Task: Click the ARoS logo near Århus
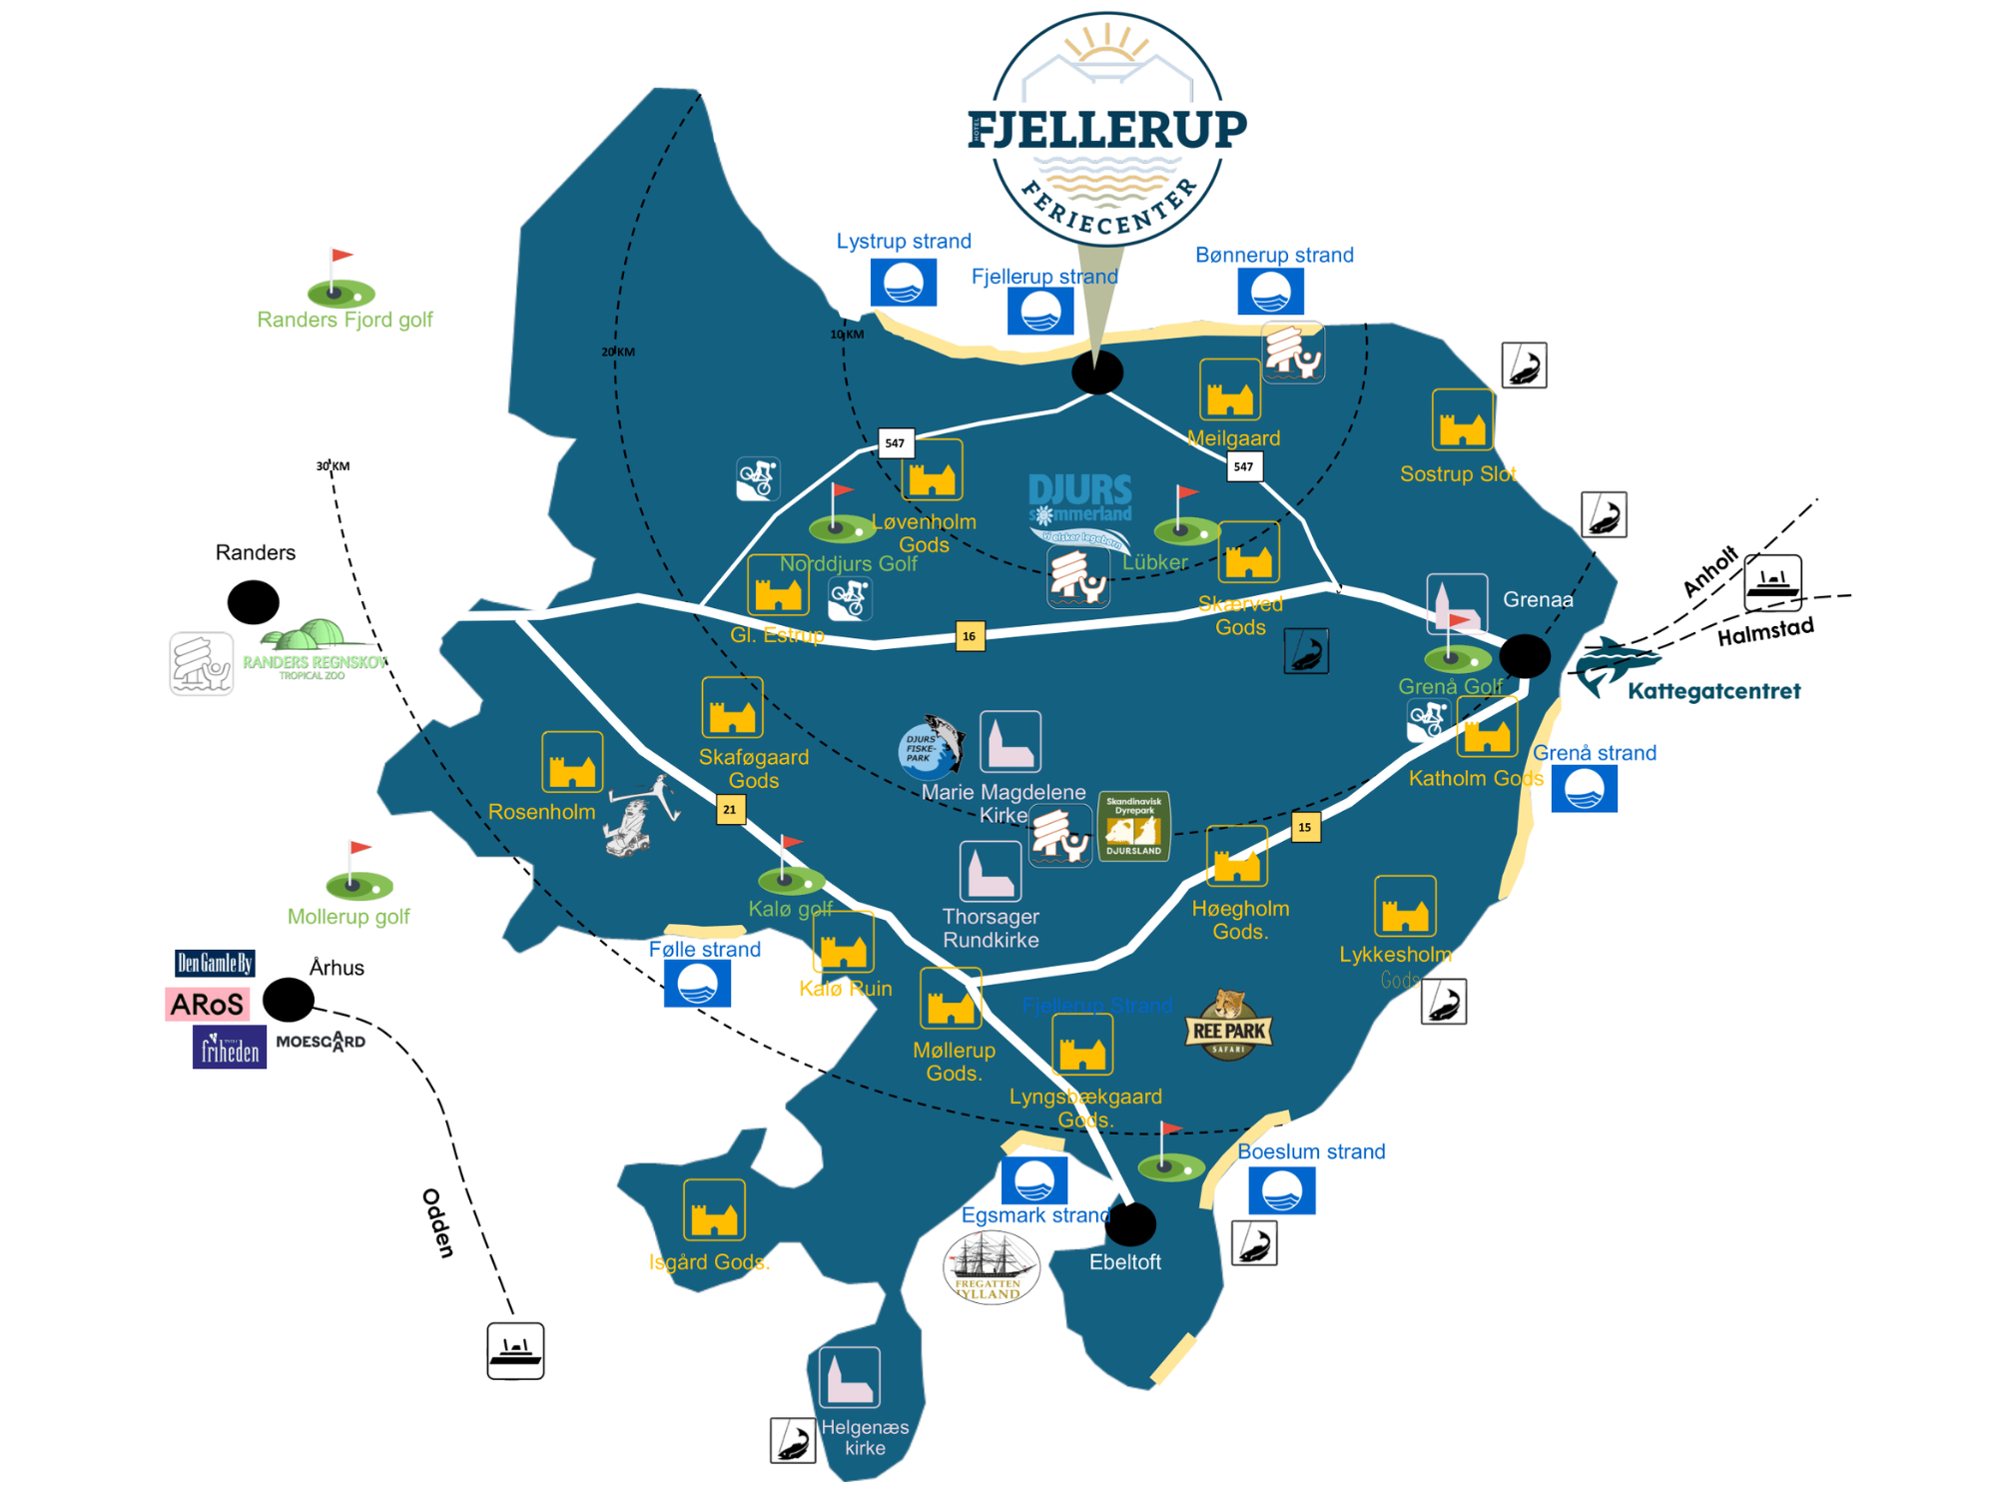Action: point(207,1004)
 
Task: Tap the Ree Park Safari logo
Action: point(1228,1027)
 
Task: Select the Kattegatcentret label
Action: point(1713,691)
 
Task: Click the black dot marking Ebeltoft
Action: point(1131,1223)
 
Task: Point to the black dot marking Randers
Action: point(253,602)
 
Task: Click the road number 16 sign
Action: point(969,636)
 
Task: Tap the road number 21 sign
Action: point(730,809)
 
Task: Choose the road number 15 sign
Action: point(1305,827)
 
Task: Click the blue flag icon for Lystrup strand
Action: point(903,283)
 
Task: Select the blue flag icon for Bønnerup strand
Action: point(1270,293)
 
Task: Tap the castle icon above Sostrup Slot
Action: point(1463,420)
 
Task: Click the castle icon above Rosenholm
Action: point(572,762)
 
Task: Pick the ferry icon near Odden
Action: point(515,1351)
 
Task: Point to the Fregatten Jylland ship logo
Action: point(990,1266)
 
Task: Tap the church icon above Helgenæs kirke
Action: point(850,1377)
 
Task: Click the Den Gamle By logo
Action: point(215,963)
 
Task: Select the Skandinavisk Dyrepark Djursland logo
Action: point(1133,827)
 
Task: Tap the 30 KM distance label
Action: point(333,466)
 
